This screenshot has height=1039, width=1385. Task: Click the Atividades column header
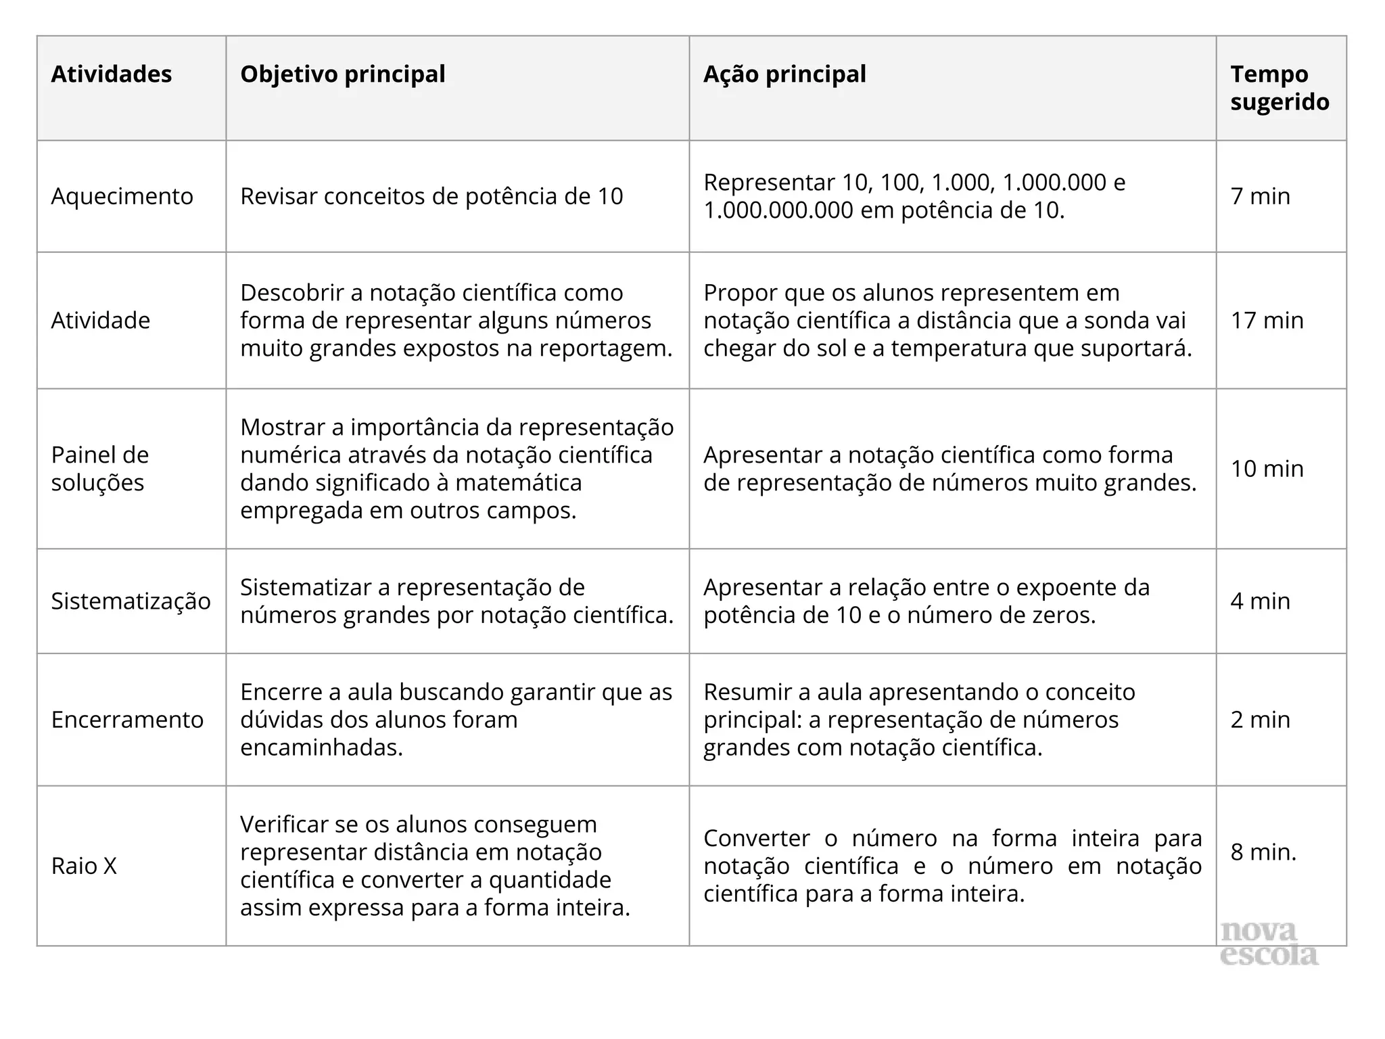pos(112,74)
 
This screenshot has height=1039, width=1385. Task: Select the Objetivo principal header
pos(343,74)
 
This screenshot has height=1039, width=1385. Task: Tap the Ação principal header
pos(784,74)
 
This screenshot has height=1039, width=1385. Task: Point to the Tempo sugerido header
pos(1280,88)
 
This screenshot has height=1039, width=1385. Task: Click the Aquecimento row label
pos(122,196)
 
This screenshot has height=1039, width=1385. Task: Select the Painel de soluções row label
pos(100,468)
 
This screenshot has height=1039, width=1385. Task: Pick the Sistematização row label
pos(131,601)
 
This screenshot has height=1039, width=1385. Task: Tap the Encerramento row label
pos(127,719)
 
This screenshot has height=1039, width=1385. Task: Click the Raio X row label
pos(84,866)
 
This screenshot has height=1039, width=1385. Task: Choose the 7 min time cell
pos(1261,196)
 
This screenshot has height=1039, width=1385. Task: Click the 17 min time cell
pos(1267,320)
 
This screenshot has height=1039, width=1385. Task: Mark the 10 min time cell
pos(1267,468)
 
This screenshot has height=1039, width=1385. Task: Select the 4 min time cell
pos(1261,601)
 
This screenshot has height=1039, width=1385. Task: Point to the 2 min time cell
pos(1261,719)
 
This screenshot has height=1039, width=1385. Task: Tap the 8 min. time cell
pos(1263,852)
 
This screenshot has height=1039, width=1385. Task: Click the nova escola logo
pos(1269,942)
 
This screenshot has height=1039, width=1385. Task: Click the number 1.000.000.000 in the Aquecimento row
pos(778,210)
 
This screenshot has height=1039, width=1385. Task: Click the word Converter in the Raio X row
pos(757,838)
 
